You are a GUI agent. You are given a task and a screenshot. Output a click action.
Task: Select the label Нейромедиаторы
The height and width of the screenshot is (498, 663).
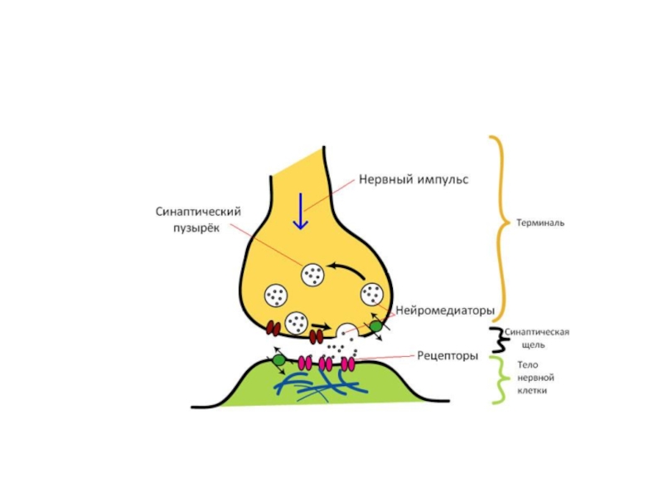pyautogui.click(x=445, y=310)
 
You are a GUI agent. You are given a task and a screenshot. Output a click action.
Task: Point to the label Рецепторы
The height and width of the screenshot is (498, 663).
pyautogui.click(x=447, y=356)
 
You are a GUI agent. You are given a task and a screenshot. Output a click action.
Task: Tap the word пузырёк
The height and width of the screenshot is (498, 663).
pyautogui.click(x=194, y=228)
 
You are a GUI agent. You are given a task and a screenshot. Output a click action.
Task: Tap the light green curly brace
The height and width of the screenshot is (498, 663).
pyautogui.click(x=497, y=380)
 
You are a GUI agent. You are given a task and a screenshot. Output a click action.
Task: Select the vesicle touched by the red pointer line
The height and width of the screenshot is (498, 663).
pyautogui.click(x=312, y=273)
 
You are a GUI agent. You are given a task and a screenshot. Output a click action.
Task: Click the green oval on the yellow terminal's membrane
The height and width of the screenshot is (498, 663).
pyautogui.click(x=376, y=327)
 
